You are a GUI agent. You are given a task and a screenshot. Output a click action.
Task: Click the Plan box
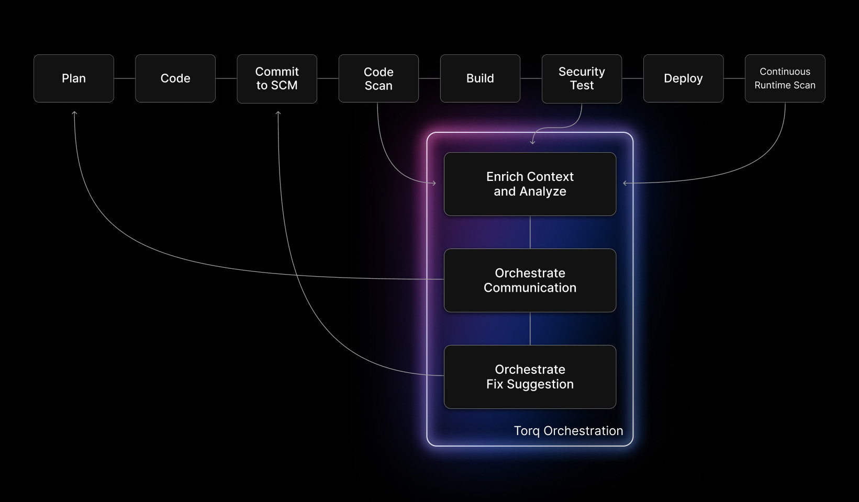[x=74, y=78]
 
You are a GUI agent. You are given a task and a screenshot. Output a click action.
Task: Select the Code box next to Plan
[x=175, y=78]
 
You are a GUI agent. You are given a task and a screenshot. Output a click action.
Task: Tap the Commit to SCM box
[x=277, y=78]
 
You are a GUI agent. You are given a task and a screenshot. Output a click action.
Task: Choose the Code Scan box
[x=378, y=78]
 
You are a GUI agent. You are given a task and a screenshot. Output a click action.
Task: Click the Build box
[x=480, y=78]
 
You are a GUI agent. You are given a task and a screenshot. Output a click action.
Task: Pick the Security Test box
[x=582, y=78]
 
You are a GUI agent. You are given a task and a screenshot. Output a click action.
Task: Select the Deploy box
[x=683, y=78]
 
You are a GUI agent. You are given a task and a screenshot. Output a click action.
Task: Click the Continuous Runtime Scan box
[x=785, y=78]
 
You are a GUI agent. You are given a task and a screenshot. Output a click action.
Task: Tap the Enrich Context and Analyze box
[x=530, y=184]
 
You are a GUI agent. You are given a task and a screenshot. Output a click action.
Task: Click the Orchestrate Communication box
[x=530, y=280]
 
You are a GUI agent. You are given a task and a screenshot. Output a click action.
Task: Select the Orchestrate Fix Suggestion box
[x=530, y=376]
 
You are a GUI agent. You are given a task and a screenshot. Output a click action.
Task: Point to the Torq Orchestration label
[x=568, y=431]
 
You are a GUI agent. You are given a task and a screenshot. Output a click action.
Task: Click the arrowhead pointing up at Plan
[x=74, y=113]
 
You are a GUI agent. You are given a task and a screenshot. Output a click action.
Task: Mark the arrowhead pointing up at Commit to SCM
[x=278, y=113]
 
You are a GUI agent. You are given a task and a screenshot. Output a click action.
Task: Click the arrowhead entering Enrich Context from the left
[x=433, y=183]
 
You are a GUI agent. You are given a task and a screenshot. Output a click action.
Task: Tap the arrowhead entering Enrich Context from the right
[x=626, y=183]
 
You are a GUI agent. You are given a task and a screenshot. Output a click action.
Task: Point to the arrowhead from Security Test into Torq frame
[x=532, y=141]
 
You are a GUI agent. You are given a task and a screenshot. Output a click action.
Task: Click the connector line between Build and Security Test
[x=531, y=78]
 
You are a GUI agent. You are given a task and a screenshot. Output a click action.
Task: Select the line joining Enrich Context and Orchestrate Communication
[x=530, y=232]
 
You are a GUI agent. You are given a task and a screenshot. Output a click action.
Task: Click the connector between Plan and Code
[x=125, y=78]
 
